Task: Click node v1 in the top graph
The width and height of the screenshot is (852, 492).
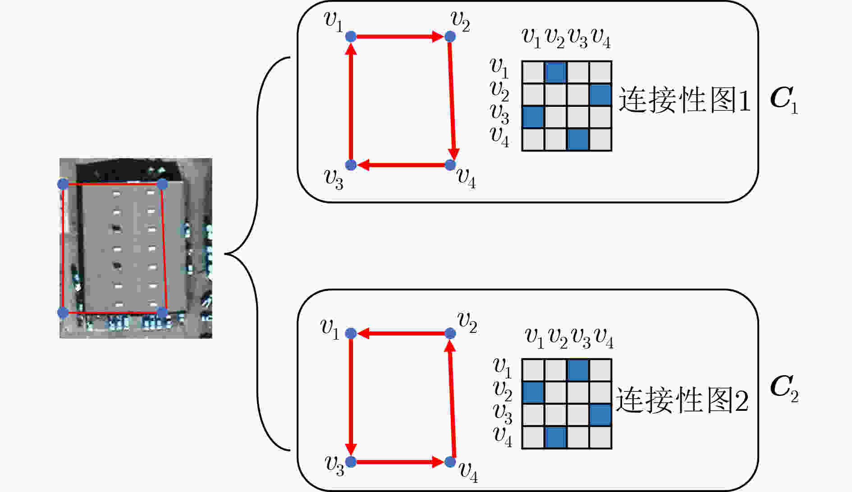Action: (x=351, y=37)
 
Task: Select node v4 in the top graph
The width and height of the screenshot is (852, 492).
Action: (x=450, y=165)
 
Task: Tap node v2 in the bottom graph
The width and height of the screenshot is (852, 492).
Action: (x=450, y=333)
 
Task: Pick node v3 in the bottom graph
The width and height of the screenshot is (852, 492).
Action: (x=351, y=462)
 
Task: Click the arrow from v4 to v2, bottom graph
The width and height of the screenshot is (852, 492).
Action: (x=452, y=399)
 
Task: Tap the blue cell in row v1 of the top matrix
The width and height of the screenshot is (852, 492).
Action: (x=555, y=72)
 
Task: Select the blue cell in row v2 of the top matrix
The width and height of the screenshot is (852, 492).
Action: (x=600, y=95)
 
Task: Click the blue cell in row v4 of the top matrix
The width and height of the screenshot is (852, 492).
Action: (x=578, y=140)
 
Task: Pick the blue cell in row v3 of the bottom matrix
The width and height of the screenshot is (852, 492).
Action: (x=600, y=415)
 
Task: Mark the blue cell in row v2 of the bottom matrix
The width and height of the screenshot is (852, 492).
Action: (x=533, y=392)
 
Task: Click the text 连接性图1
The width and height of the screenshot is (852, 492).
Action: (x=684, y=100)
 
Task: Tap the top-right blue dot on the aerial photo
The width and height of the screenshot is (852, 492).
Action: (x=162, y=184)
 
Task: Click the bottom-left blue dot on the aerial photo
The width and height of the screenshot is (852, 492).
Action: (x=63, y=312)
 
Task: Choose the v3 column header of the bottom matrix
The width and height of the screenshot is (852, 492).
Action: (x=581, y=339)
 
